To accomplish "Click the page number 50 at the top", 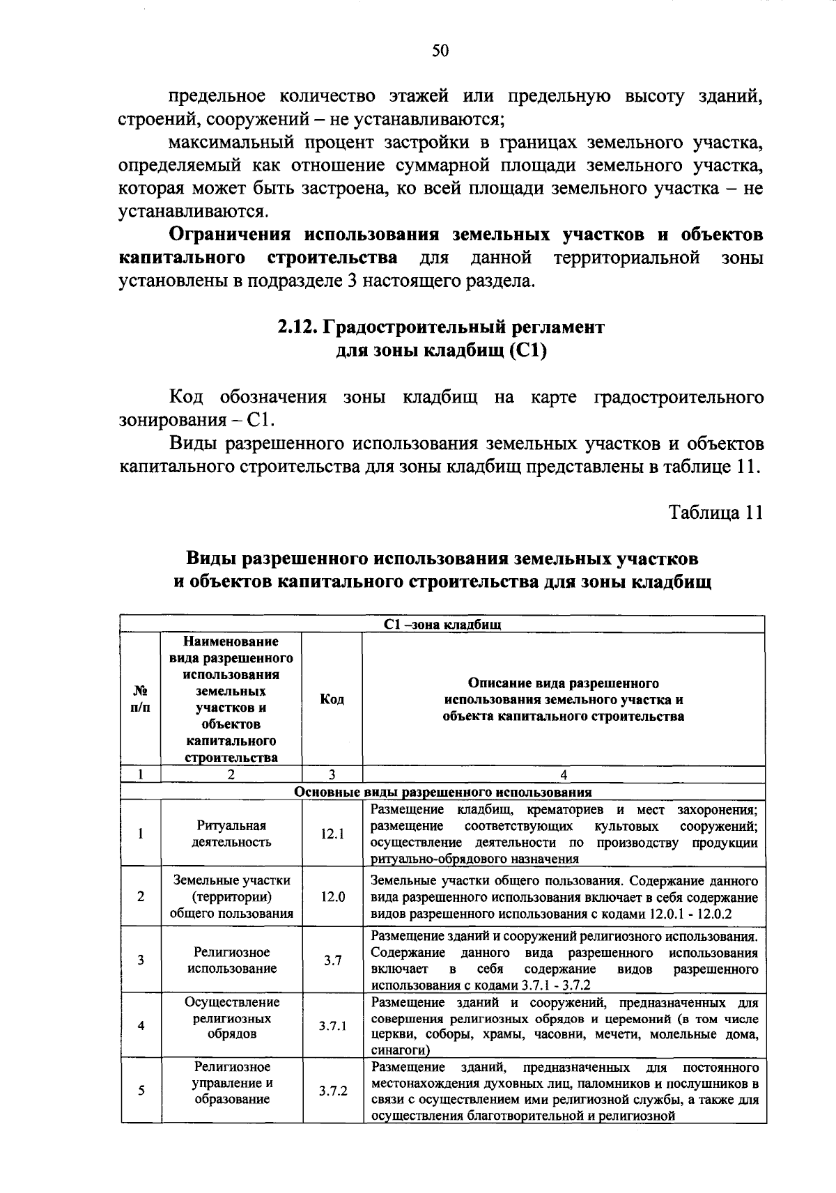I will pyautogui.click(x=440, y=50).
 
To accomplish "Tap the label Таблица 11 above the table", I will pyautogui.click(x=715, y=513).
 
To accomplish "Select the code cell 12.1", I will pyautogui.click(x=332, y=834).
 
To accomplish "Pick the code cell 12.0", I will pyautogui.click(x=332, y=897).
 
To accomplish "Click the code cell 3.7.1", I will pyautogui.click(x=332, y=1026).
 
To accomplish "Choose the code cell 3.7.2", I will pyautogui.click(x=332, y=1091).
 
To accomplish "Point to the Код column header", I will pyautogui.click(x=332, y=699).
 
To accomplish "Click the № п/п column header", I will pyautogui.click(x=140, y=699).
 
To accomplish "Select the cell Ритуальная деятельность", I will pyautogui.click(x=231, y=834).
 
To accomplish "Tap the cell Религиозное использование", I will pyautogui.click(x=231, y=960).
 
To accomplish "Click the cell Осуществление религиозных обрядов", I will pyautogui.click(x=231, y=1018).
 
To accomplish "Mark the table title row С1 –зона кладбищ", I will pyautogui.click(x=442, y=625).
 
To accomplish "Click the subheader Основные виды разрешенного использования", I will pyautogui.click(x=442, y=792).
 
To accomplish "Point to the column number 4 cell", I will pyautogui.click(x=563, y=774).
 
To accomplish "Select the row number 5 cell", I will pyautogui.click(x=141, y=1091).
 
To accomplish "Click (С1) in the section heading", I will pyautogui.click(x=527, y=350).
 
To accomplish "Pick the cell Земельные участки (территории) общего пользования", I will pyautogui.click(x=231, y=897).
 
